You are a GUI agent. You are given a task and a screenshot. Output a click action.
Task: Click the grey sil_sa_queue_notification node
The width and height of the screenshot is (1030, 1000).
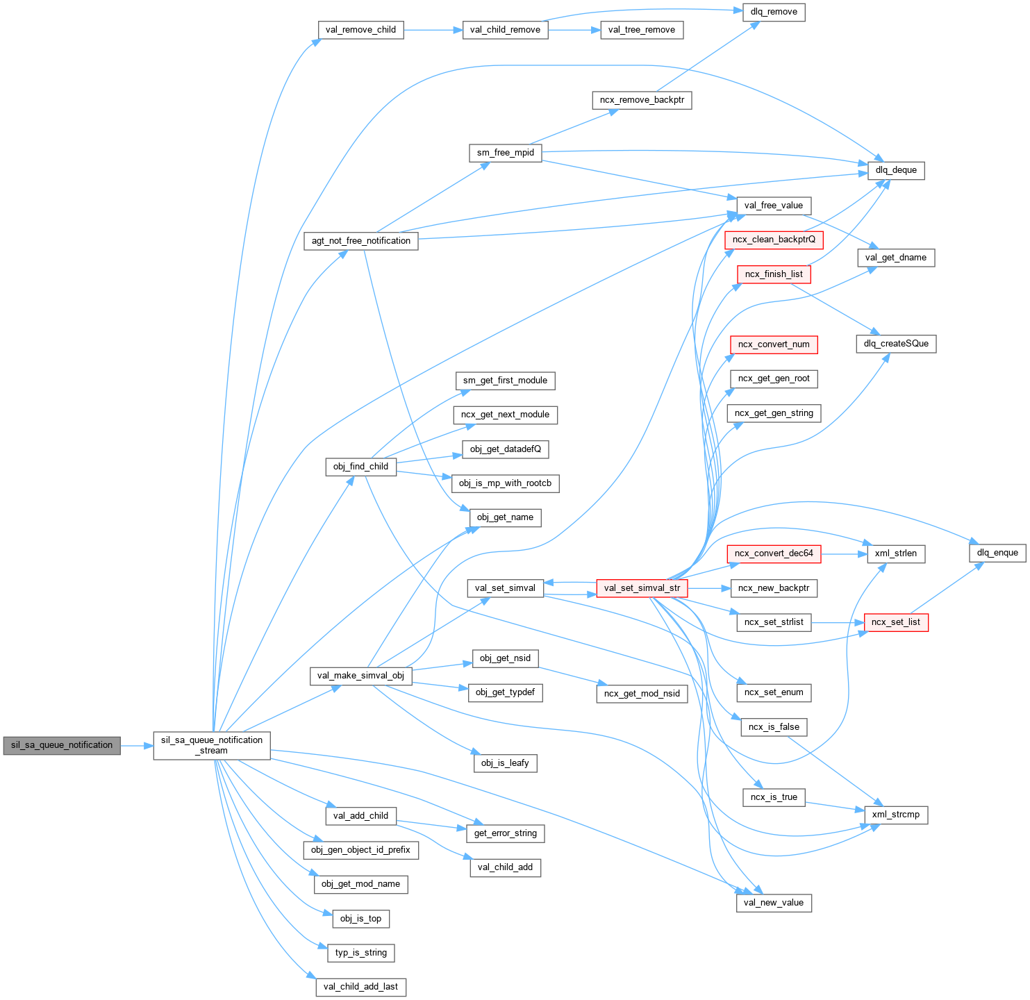click(62, 745)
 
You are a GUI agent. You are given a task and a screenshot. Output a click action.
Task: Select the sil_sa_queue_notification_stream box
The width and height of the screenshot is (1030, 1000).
click(212, 745)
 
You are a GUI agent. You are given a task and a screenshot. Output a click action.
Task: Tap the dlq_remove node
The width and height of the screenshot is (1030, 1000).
click(774, 12)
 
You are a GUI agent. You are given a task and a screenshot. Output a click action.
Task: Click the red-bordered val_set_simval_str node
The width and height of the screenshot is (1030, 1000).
click(642, 588)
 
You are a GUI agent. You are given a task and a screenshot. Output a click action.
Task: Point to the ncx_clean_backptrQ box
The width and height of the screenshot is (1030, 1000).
click(774, 240)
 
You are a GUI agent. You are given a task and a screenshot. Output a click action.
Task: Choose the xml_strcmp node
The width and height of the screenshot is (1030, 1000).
click(895, 815)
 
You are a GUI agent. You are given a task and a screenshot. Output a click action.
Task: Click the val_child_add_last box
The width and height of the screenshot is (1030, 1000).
click(360, 987)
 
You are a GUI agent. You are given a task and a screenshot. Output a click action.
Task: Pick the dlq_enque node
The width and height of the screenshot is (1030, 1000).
click(997, 553)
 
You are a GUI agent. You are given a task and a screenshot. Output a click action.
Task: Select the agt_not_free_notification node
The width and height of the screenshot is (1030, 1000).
click(361, 241)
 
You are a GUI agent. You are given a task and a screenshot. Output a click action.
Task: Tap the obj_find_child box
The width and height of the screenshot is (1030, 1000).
click(360, 467)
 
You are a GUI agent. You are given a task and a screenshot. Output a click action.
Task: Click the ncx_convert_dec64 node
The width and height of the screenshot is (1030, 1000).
click(774, 553)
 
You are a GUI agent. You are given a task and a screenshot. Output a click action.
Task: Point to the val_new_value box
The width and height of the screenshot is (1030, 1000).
click(773, 903)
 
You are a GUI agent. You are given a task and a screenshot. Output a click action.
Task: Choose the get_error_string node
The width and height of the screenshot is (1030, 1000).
click(506, 833)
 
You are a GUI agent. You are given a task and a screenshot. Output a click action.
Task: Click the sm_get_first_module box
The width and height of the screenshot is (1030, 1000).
click(505, 381)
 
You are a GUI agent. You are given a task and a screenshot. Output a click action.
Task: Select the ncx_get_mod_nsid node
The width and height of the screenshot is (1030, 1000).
click(642, 693)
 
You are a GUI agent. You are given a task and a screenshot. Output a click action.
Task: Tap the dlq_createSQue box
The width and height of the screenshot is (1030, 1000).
click(896, 344)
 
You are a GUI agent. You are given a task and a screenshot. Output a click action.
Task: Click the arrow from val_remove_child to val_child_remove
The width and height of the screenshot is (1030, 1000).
click(433, 30)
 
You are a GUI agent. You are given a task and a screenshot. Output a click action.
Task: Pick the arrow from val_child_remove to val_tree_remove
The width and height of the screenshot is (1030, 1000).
click(574, 30)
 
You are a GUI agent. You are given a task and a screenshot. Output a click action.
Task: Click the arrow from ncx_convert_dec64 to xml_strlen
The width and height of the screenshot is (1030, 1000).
click(844, 553)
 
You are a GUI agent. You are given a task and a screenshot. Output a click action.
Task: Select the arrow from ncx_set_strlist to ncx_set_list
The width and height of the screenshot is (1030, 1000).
click(838, 622)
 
